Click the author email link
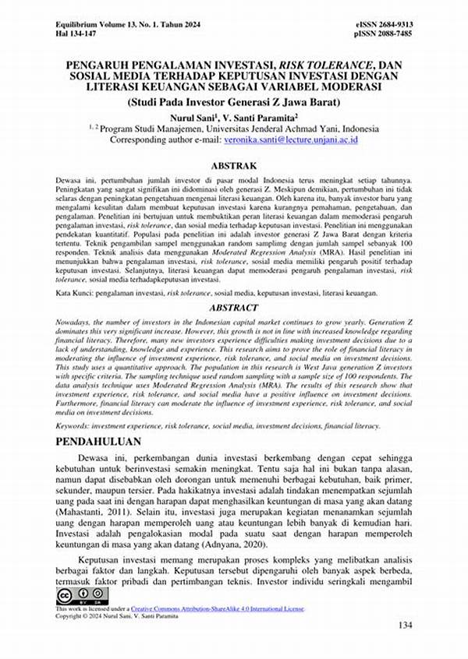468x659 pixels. click(289, 140)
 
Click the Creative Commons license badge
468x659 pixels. click(73, 597)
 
